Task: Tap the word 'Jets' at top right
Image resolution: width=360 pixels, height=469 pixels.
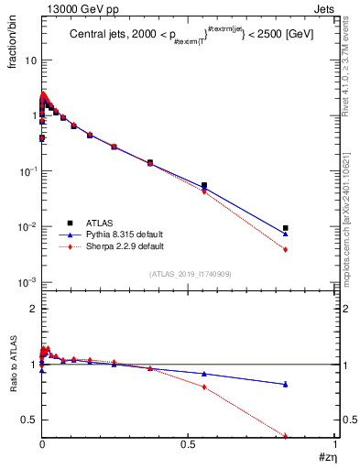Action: click(x=324, y=9)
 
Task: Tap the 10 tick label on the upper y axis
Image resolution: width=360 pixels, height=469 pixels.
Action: click(x=28, y=60)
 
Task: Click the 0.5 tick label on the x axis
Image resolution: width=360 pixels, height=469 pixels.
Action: click(x=189, y=445)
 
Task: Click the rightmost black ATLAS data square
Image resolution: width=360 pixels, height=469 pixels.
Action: click(x=286, y=228)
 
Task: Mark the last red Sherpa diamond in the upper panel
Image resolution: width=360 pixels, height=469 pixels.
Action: click(x=286, y=250)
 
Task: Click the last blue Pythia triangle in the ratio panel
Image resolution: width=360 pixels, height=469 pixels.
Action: click(x=286, y=384)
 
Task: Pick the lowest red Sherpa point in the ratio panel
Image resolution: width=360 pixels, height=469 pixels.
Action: click(x=286, y=436)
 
